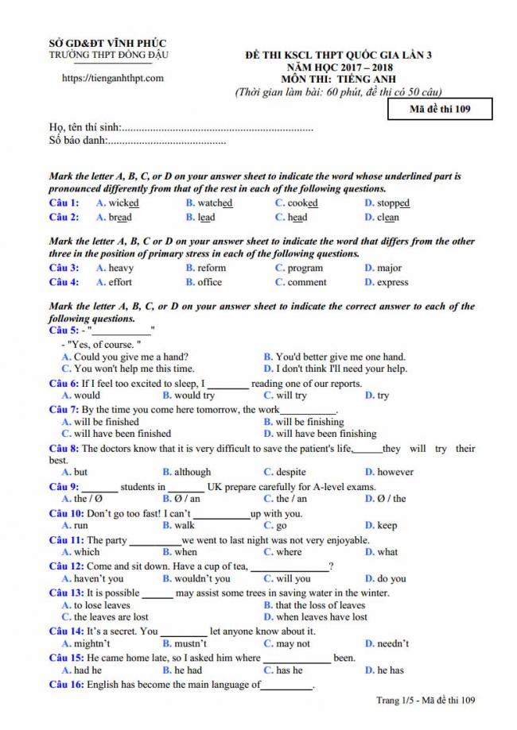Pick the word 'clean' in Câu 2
pos(388,218)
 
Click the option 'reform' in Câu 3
pos(212,268)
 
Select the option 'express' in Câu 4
pos(392,282)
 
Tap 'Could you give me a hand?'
pos(130,357)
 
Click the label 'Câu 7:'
pos(64,410)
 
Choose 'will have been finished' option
pos(122,434)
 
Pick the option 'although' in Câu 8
pos(192,472)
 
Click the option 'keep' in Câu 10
pos(387,525)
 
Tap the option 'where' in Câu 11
pos(289,552)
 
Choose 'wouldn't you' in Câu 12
pos(191,579)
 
